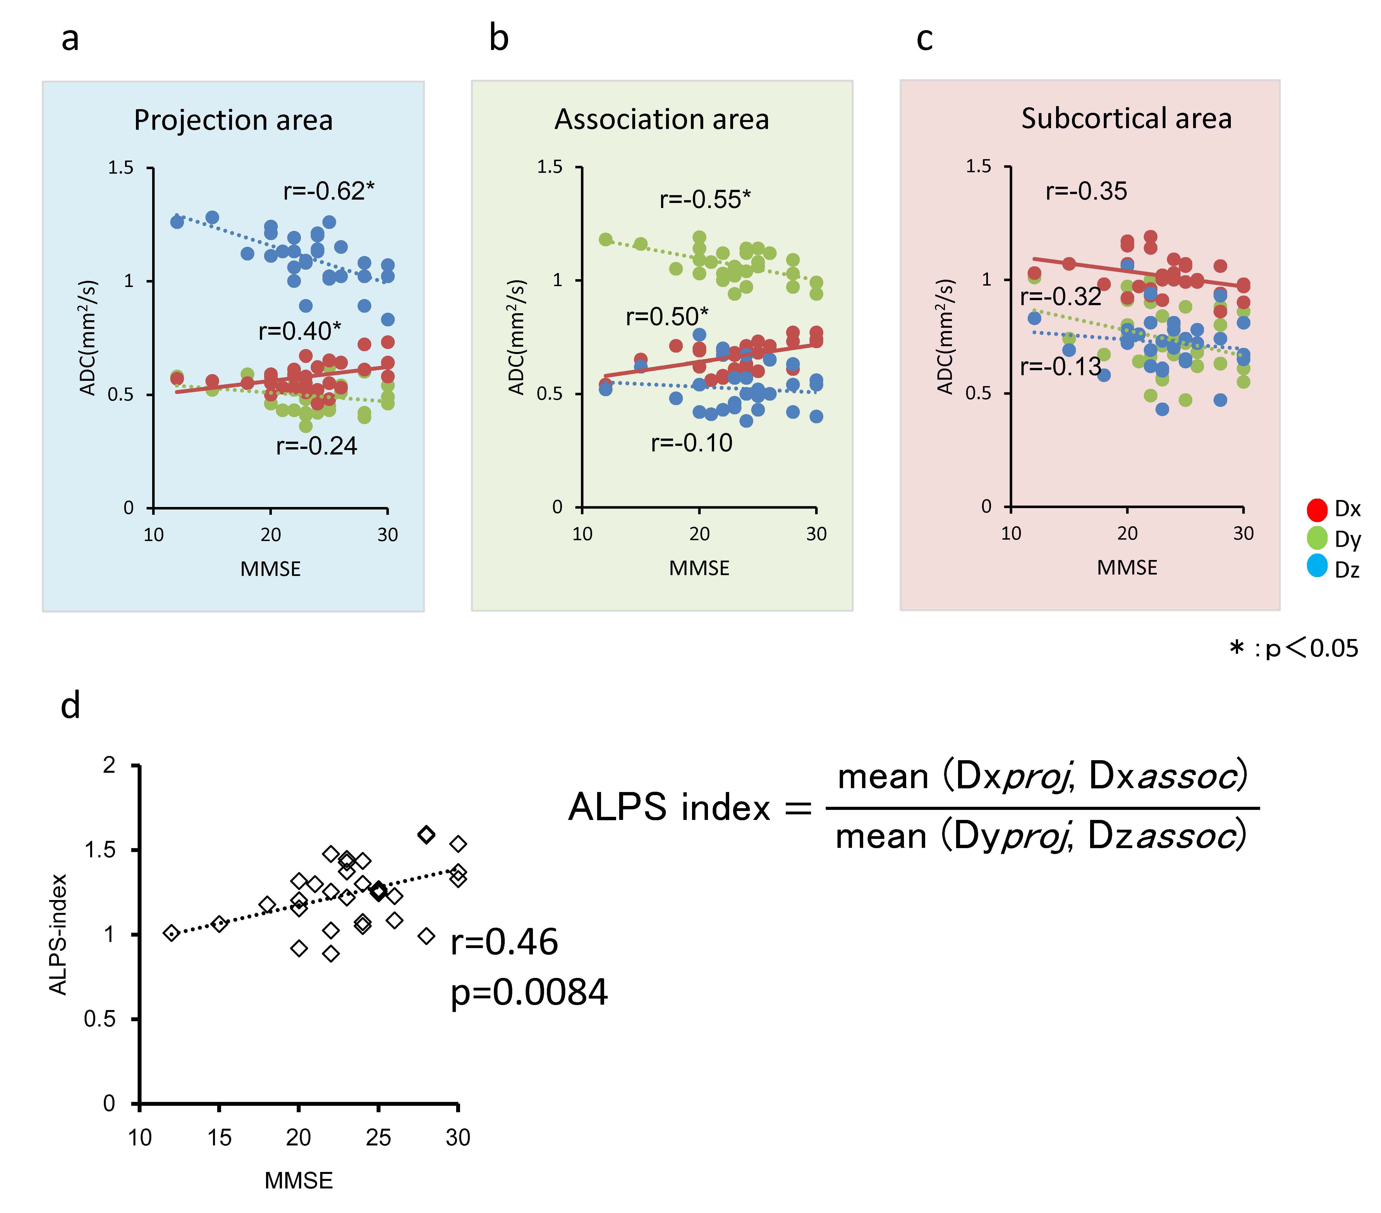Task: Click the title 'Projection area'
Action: pos(233,120)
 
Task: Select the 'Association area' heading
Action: pos(661,119)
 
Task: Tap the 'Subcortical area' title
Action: pos(1126,118)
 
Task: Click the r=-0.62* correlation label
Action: pos(328,191)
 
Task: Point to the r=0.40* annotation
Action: pos(299,331)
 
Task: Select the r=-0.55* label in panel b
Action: pos(705,199)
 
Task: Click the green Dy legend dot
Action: pos(1317,539)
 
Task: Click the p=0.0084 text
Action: pos(529,993)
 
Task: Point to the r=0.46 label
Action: pos(504,942)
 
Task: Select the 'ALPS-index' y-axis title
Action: pos(59,935)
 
